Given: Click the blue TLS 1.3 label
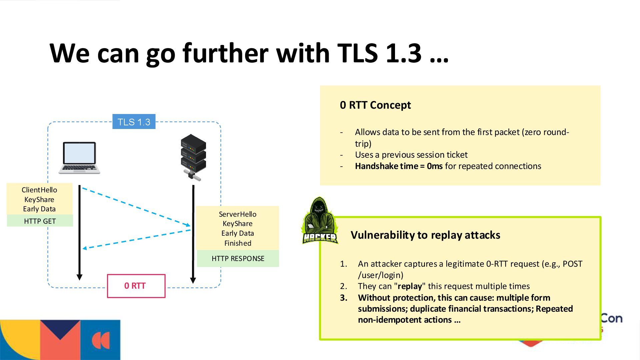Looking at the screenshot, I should coord(134,122).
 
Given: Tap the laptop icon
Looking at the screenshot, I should coord(79,158).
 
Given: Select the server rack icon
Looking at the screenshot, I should coord(193,157).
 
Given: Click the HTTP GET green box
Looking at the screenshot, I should coord(40,221).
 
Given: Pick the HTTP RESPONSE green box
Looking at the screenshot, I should coord(238,259).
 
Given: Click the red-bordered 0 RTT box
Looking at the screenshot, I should coord(136,286).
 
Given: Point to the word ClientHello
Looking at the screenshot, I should coord(39,190).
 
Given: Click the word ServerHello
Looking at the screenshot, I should coord(237,214).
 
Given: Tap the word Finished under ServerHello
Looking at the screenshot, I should coord(238,243).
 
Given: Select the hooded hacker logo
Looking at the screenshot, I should coord(319,221).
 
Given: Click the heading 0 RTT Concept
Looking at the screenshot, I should coord(375,105).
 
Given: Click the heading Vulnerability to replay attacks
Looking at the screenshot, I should coord(425,235).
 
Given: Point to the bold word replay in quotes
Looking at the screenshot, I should coord(410,286).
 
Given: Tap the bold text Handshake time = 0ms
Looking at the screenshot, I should coord(398,166).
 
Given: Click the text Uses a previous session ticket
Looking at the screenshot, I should coord(411,155).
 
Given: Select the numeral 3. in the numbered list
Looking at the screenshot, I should coord(344,298).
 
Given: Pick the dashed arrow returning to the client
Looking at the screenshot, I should coord(137,239).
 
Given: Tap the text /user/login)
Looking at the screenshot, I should coord(380,275).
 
